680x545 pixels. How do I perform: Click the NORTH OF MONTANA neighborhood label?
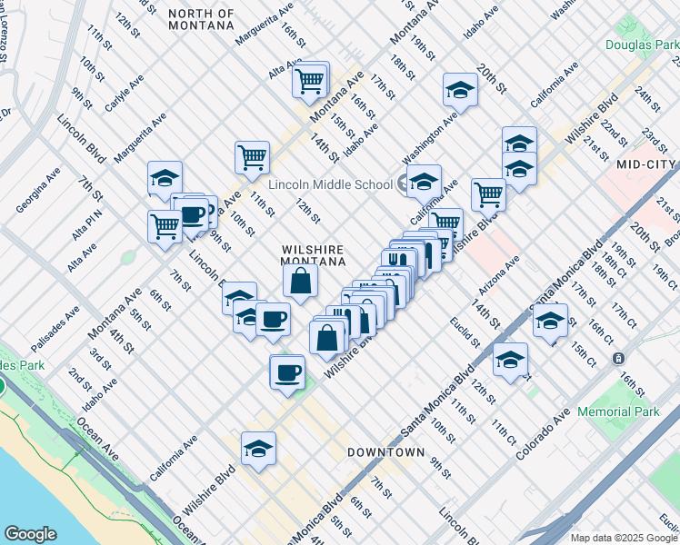[x=201, y=20]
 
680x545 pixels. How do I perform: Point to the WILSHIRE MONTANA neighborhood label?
[x=314, y=254]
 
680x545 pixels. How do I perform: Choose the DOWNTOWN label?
[x=386, y=451]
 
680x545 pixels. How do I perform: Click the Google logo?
[x=30, y=534]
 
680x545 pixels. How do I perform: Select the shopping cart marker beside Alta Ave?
[x=310, y=81]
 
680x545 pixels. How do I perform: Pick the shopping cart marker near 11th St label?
[x=252, y=155]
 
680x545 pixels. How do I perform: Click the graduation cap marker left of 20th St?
[x=461, y=90]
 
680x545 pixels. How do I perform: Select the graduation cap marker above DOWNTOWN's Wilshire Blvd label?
[x=258, y=449]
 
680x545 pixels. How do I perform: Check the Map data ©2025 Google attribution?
[x=623, y=538]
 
